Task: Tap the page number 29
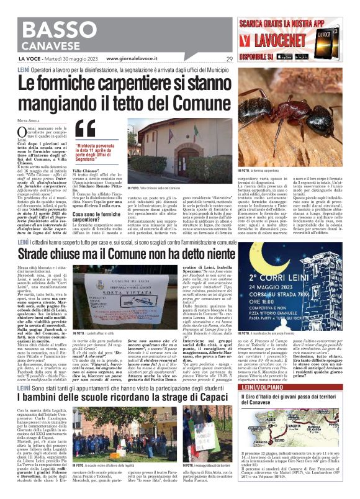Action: (x=230, y=59)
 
